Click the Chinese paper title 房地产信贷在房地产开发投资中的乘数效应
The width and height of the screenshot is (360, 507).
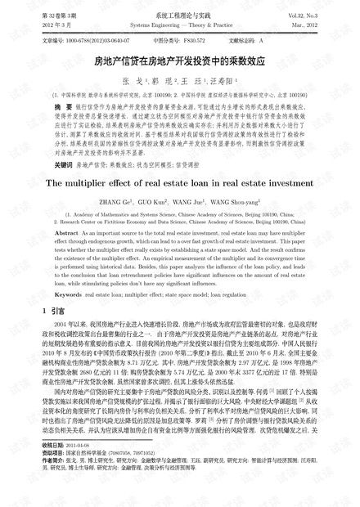pyautogui.click(x=180, y=61)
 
